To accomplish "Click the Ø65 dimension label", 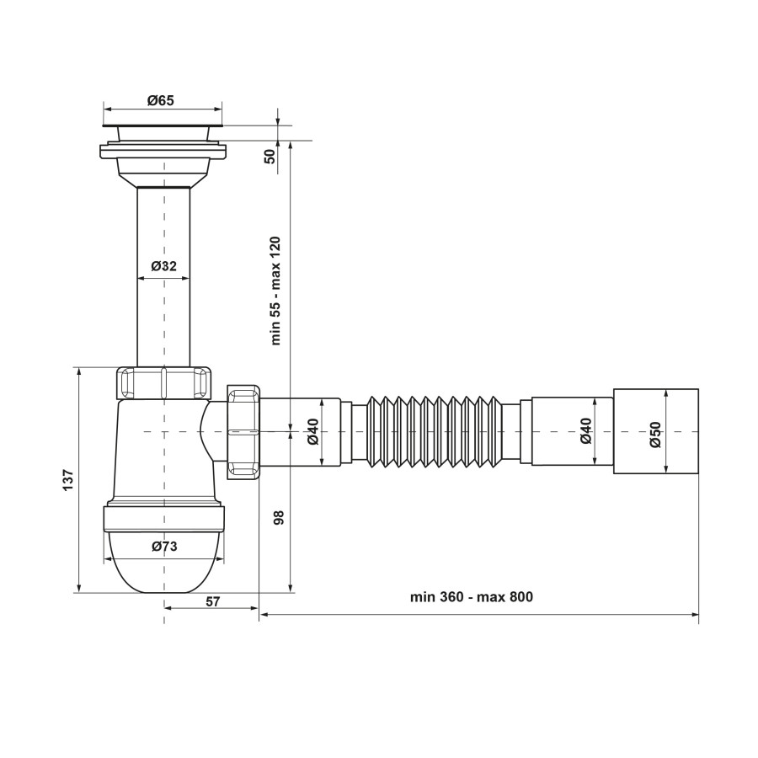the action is (161, 100).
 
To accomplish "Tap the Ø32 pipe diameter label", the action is (164, 266).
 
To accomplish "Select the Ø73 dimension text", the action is (164, 547).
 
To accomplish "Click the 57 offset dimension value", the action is (213, 601).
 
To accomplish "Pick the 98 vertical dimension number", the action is (279, 517).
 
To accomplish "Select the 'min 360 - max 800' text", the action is (472, 597).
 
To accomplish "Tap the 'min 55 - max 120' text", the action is (275, 291).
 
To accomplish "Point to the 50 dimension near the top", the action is (270, 156).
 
